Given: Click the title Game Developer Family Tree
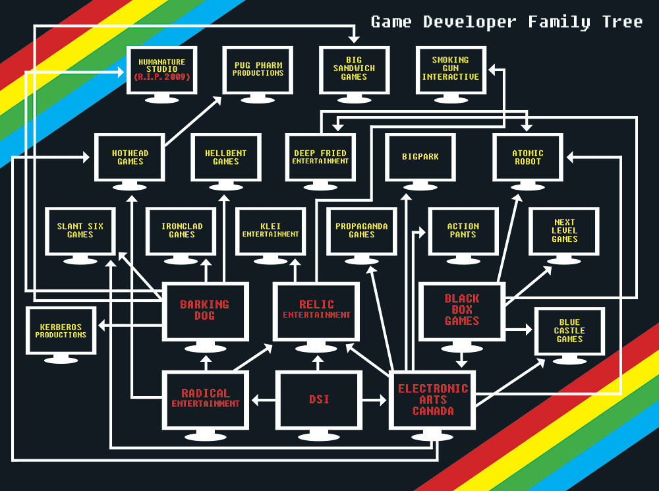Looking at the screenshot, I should pos(506,22).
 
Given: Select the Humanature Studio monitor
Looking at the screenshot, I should pos(161,69).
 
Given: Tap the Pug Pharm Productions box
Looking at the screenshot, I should pos(258,69).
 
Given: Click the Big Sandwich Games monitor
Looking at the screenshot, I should pos(354,69).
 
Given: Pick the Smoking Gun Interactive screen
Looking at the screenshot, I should pos(451,69).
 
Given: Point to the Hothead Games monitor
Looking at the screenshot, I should pos(130,157).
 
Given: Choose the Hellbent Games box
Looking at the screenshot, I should pos(226,157).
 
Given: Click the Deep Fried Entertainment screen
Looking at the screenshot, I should pos(320,157).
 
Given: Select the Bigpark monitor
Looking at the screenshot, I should pos(420,157).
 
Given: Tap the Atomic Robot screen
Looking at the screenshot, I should pos(527,157).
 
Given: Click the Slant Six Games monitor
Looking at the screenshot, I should pos(80,231).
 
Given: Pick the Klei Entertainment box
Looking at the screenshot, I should pos(271,231).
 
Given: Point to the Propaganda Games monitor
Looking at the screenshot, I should pos(361,231).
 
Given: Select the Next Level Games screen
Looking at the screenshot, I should pos(564,231).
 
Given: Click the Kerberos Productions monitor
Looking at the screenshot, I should pos(61,331).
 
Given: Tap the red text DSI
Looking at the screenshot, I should pos(319,399).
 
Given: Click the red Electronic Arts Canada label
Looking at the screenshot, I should pos(433,400).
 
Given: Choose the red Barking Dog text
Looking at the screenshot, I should pos(205,310).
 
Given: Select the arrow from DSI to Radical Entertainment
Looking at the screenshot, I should pos(262,399).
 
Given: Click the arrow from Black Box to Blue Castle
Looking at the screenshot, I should pos(519,328).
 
